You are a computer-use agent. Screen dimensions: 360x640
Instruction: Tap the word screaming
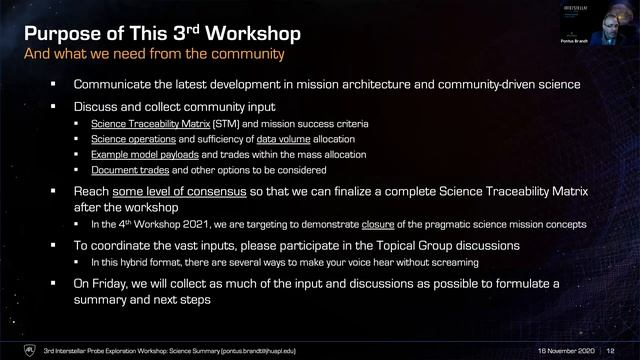tap(448, 261)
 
